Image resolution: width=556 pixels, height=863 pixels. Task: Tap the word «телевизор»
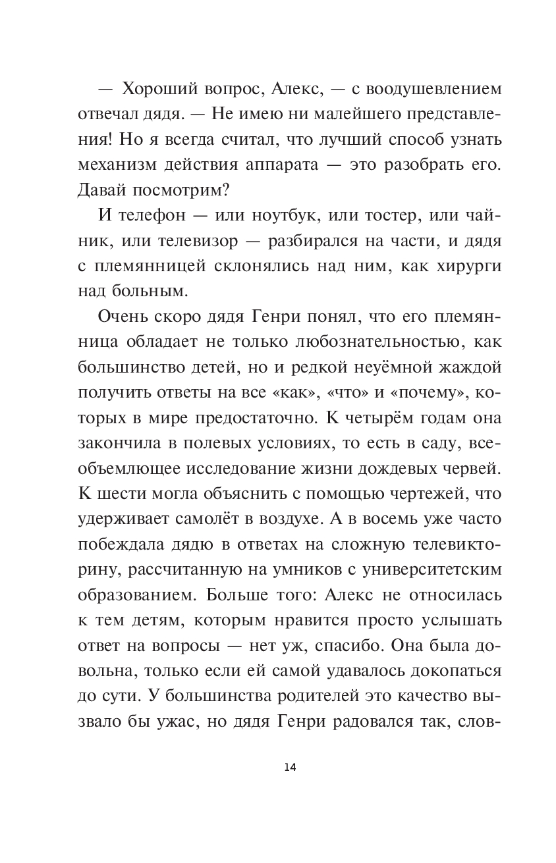click(x=198, y=242)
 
